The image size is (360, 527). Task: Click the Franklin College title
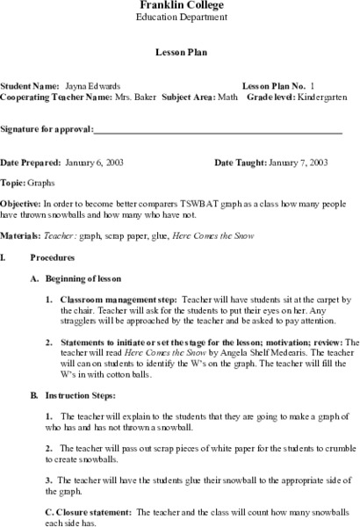181,5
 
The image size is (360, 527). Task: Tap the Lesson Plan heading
181,52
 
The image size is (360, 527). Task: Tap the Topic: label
14,185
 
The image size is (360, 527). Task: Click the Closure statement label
83,509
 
